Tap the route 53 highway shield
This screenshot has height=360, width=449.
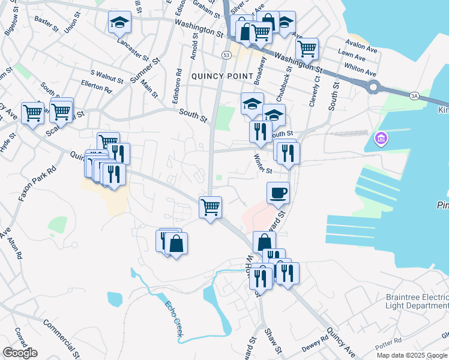tap(226, 55)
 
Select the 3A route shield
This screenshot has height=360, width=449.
tap(414, 95)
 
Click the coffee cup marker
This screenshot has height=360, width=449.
tap(278, 193)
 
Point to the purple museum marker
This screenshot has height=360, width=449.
tap(379, 140)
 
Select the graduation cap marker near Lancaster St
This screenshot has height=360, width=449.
tap(119, 23)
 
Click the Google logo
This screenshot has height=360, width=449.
tap(20, 353)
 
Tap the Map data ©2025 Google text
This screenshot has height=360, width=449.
tap(412, 355)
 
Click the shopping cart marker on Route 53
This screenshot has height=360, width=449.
tap(210, 208)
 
